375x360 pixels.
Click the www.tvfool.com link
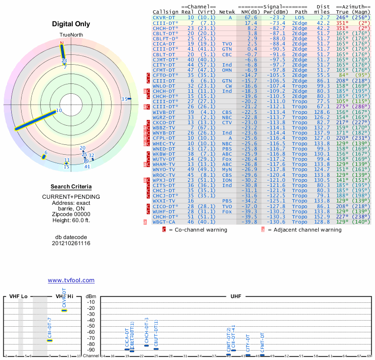pos(71,280)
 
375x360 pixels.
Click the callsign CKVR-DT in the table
pos(164,17)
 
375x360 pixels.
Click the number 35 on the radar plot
pos(124,99)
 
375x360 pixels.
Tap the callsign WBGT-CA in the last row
pos(164,222)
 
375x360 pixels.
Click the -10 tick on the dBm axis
pos(91,302)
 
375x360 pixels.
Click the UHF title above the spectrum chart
pos(236,297)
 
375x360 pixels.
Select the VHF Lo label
pos(18,297)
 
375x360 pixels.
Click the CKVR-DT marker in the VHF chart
pos(64,310)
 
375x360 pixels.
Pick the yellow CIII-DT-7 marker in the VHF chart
pos(50,340)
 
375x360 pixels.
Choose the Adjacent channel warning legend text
pos(305,230)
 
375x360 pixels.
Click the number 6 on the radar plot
pos(45,153)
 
